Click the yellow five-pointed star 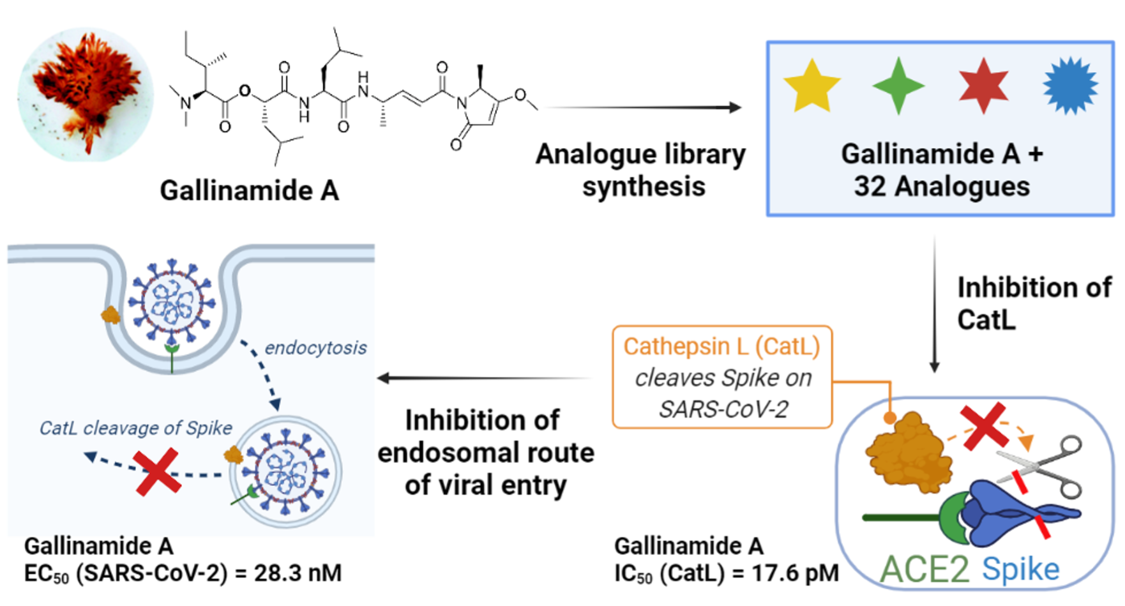click(x=812, y=87)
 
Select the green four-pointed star click(x=898, y=86)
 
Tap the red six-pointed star click(x=983, y=86)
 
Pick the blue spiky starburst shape click(x=1070, y=86)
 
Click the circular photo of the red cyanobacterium click(x=86, y=95)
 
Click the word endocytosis click(x=315, y=348)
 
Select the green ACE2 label click(x=925, y=569)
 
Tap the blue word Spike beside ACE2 click(x=1020, y=569)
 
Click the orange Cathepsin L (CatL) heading click(x=721, y=346)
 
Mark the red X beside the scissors click(x=984, y=424)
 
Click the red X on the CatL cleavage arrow click(x=158, y=471)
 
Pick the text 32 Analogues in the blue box click(x=942, y=186)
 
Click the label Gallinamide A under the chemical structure click(x=249, y=190)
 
